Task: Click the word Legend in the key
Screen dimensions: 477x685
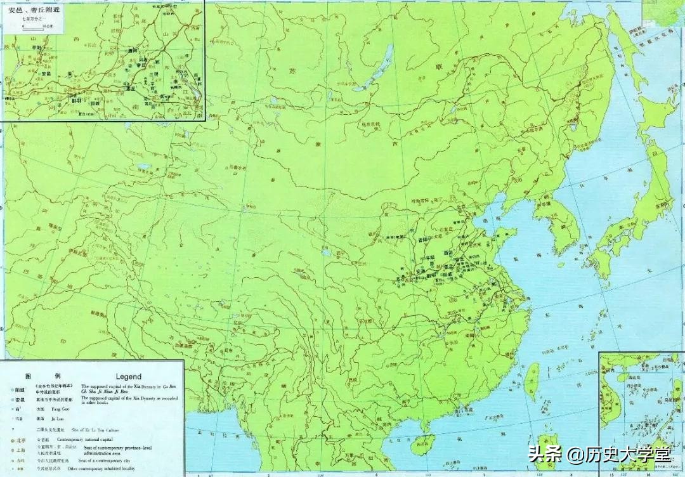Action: pyautogui.click(x=129, y=376)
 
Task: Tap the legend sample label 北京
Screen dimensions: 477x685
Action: pyautogui.click(x=22, y=439)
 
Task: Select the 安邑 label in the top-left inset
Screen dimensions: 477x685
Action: pyautogui.click(x=45, y=74)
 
